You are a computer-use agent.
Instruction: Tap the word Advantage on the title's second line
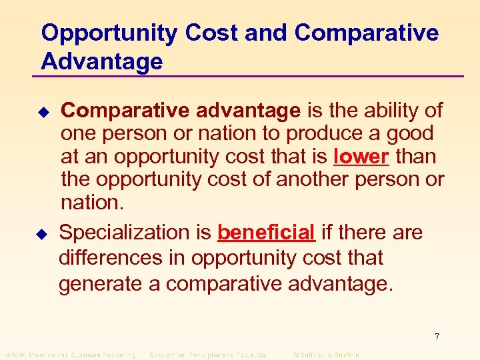101,62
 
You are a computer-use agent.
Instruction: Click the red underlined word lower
361,157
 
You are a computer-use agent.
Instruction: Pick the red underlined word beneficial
266,233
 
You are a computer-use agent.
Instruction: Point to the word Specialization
135,233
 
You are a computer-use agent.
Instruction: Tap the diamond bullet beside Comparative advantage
45,111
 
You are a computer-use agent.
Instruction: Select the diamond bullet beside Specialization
45,233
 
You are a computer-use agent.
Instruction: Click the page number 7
437,337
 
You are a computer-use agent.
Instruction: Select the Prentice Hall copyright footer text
70,355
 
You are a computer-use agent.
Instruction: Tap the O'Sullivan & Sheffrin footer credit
326,355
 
